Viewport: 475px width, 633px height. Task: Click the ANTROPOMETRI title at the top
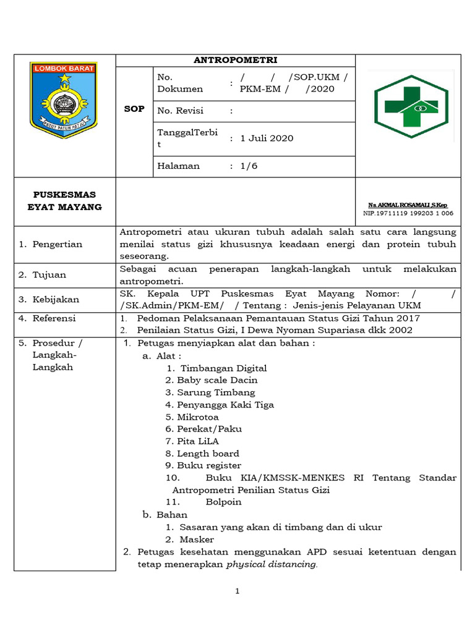point(236,60)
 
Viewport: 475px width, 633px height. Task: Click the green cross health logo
point(410,106)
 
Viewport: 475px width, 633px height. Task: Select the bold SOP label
point(134,109)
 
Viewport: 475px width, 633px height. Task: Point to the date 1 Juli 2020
point(267,138)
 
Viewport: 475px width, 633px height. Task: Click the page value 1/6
point(251,166)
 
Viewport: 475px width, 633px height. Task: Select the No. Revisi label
point(181,111)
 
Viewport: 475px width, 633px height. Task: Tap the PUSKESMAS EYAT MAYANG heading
point(65,201)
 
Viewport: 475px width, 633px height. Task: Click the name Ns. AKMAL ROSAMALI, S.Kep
point(408,205)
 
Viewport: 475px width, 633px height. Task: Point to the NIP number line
point(408,213)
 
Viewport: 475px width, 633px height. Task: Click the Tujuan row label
point(49,274)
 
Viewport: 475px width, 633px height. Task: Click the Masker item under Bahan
point(197,539)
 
